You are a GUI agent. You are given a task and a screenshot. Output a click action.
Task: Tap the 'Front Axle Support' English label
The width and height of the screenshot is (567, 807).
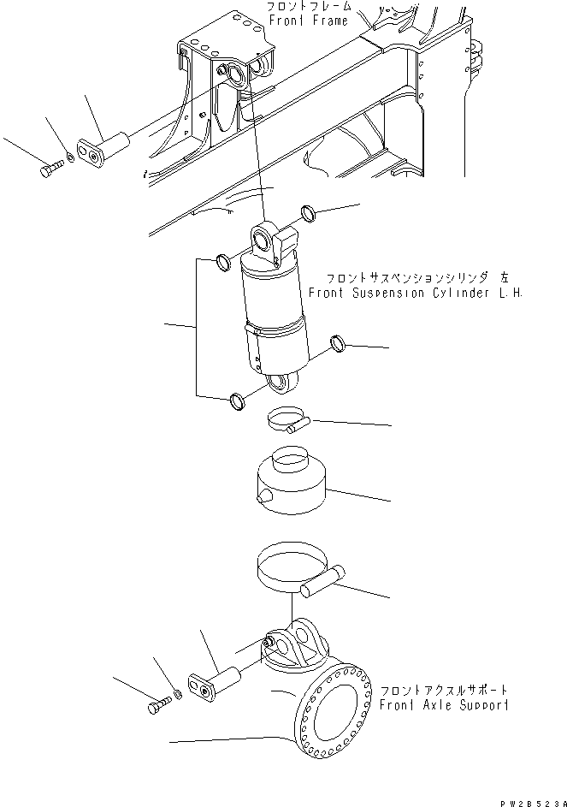(x=446, y=705)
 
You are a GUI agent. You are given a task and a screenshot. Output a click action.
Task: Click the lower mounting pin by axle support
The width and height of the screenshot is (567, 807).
(x=218, y=685)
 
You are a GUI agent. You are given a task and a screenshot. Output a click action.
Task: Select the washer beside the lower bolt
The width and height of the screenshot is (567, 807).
(x=177, y=693)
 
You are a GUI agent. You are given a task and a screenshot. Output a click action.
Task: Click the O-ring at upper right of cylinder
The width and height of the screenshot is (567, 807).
(x=310, y=212)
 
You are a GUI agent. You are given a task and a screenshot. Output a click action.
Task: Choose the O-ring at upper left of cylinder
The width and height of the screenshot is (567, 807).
(x=221, y=261)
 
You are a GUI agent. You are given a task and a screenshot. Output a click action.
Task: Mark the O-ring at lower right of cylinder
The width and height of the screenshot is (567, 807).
(x=339, y=344)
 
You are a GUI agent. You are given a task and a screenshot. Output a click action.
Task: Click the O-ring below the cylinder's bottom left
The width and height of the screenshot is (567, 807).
(x=237, y=400)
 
